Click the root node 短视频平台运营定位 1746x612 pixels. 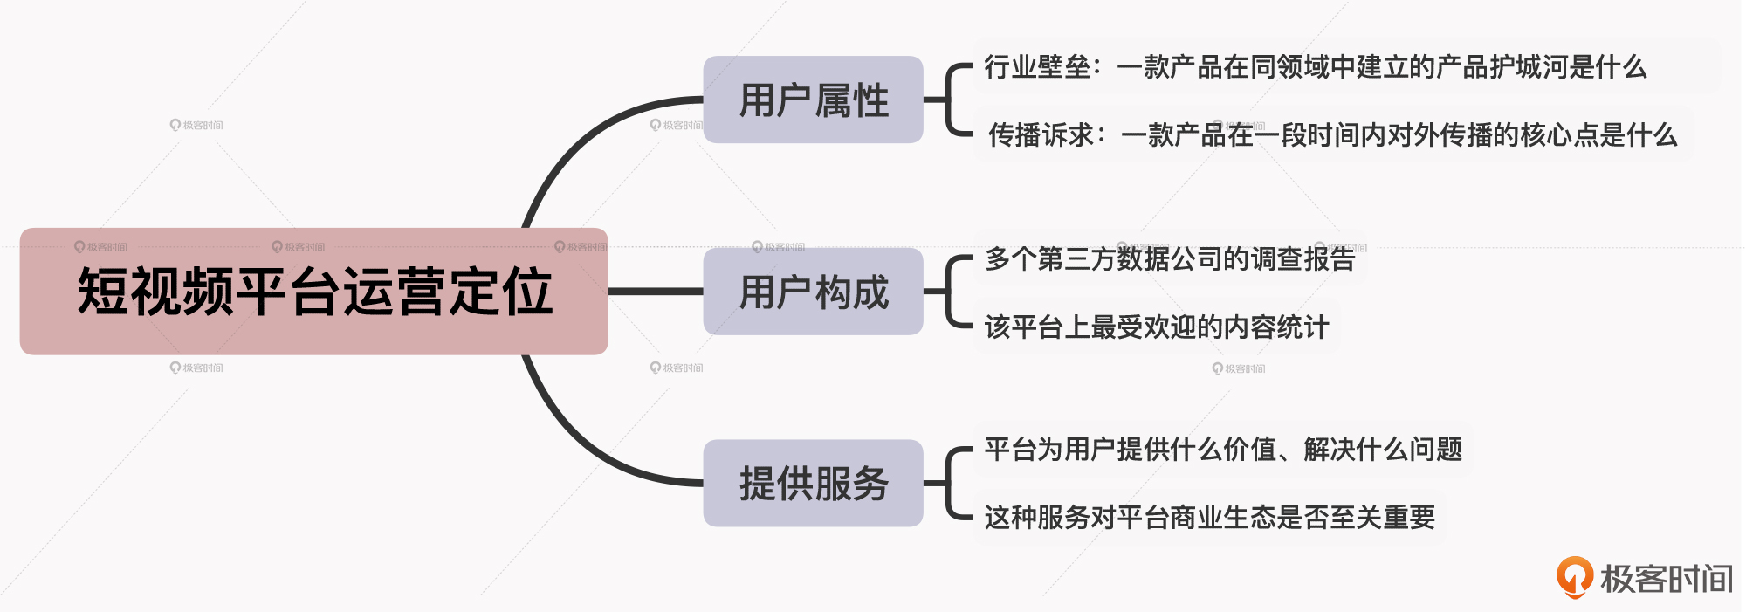coord(313,292)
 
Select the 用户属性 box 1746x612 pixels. coord(813,100)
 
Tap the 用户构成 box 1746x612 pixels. coord(813,292)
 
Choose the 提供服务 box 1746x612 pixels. coord(813,483)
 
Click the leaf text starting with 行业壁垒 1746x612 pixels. coord(1315,67)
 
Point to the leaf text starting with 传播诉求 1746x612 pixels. coord(1332,135)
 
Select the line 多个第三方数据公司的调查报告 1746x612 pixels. coord(1170,258)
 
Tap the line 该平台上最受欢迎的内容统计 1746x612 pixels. coord(1156,327)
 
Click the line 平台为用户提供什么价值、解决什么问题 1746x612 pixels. coord(1223,450)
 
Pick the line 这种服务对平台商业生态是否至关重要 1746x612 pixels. coord(1209,518)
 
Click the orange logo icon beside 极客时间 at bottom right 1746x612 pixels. coord(1574,577)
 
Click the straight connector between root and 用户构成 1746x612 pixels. coord(655,292)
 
